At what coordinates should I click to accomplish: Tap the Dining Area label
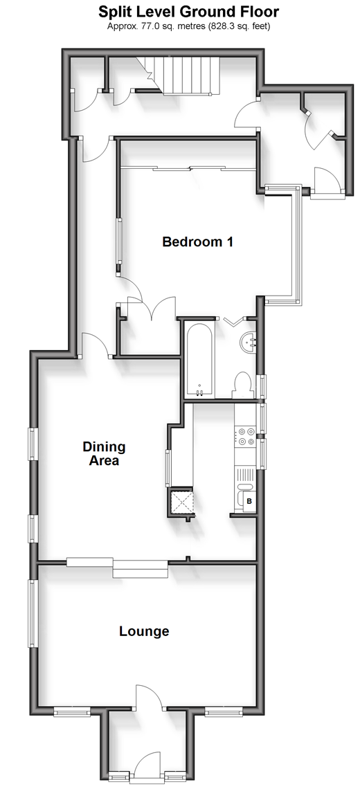[x=104, y=453]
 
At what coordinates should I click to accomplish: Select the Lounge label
[x=144, y=631]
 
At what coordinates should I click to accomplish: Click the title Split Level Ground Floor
[x=188, y=12]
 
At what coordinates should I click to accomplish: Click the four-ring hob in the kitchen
[x=245, y=436]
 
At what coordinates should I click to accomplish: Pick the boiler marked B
[x=249, y=501]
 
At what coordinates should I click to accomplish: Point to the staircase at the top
[x=184, y=75]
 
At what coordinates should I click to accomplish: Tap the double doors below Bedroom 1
[x=151, y=309]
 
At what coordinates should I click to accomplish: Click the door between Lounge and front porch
[x=150, y=696]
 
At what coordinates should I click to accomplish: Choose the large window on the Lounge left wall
[x=33, y=613]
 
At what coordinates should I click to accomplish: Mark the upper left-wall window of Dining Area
[x=33, y=444]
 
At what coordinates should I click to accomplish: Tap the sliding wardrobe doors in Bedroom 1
[x=189, y=169]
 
